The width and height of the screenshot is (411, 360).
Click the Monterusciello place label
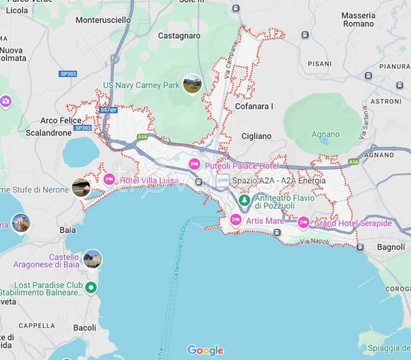[x=103, y=20]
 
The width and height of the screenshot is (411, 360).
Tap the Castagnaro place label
[x=179, y=36]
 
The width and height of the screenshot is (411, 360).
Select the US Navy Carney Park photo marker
[x=192, y=84]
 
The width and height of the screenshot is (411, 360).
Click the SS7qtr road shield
[x=109, y=110]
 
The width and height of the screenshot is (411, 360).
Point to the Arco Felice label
[x=61, y=120]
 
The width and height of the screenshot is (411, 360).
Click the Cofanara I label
[x=254, y=106]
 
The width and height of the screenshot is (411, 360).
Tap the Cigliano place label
[x=256, y=136]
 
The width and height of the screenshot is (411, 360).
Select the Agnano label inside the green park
[x=326, y=135]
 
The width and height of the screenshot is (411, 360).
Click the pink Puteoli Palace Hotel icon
[x=194, y=165]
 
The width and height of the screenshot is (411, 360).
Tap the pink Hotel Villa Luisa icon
[x=109, y=180]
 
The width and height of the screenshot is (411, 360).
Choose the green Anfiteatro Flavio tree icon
[x=244, y=200]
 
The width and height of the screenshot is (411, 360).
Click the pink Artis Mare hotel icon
[x=236, y=219]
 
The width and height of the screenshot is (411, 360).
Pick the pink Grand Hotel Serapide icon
[x=304, y=222]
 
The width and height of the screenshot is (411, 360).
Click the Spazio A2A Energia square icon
[x=223, y=180]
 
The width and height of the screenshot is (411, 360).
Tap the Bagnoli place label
[x=391, y=247]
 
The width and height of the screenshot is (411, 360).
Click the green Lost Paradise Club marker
[x=91, y=287]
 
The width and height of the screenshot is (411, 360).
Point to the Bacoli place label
[x=85, y=328]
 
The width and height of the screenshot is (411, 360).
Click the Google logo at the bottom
[x=205, y=350]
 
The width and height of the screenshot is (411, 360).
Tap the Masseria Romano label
[x=358, y=20]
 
